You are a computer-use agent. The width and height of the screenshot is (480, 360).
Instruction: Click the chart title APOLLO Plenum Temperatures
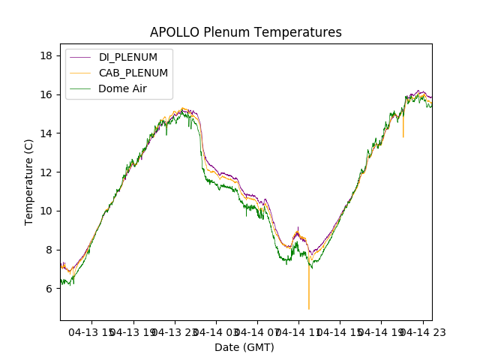pyautogui.click(x=245, y=32)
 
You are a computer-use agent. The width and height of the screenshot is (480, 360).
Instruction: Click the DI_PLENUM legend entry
pyautogui.click(x=128, y=57)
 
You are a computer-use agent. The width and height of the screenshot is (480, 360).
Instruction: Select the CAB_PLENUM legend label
pyautogui.click(x=133, y=73)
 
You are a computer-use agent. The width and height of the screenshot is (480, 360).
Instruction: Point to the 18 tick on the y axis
pyautogui.click(x=46, y=55)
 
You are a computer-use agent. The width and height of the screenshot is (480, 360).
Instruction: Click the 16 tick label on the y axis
pyautogui.click(x=46, y=94)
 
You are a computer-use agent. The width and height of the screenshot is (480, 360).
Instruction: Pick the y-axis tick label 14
pyautogui.click(x=46, y=133)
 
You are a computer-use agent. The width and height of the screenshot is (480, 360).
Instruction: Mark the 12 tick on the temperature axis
pyautogui.click(x=46, y=172)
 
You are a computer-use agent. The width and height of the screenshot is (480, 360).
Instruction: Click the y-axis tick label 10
pyautogui.click(x=46, y=211)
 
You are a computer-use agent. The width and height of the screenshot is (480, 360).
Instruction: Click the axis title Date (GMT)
pyautogui.click(x=244, y=347)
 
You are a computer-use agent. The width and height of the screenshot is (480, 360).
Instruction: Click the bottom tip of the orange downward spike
pyautogui.click(x=308, y=309)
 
